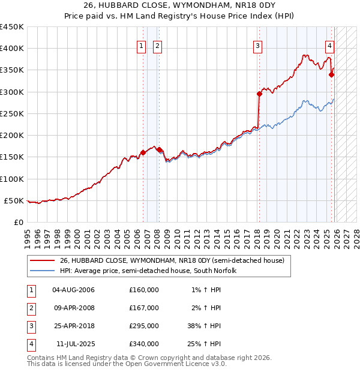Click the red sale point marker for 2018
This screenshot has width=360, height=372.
[x=259, y=94]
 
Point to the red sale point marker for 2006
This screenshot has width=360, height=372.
[x=143, y=152]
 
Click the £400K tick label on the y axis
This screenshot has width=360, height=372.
[x=12, y=49]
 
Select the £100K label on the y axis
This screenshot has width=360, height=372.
[x=12, y=179]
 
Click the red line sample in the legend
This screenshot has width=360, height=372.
[x=43, y=260]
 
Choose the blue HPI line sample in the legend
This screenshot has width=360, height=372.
[x=43, y=271]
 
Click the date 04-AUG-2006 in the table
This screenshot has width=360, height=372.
[x=73, y=290]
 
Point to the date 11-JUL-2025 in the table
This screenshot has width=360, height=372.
[x=73, y=344]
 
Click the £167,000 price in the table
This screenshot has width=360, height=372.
[x=144, y=308]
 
